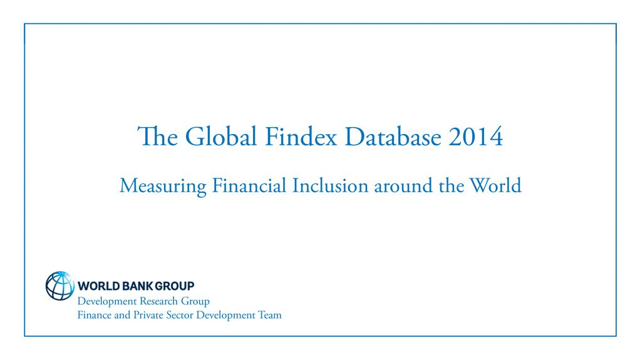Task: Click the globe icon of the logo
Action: (60, 285)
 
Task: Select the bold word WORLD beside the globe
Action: (96, 286)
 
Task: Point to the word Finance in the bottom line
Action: (95, 315)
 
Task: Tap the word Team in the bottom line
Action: (270, 315)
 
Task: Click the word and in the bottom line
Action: (123, 315)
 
